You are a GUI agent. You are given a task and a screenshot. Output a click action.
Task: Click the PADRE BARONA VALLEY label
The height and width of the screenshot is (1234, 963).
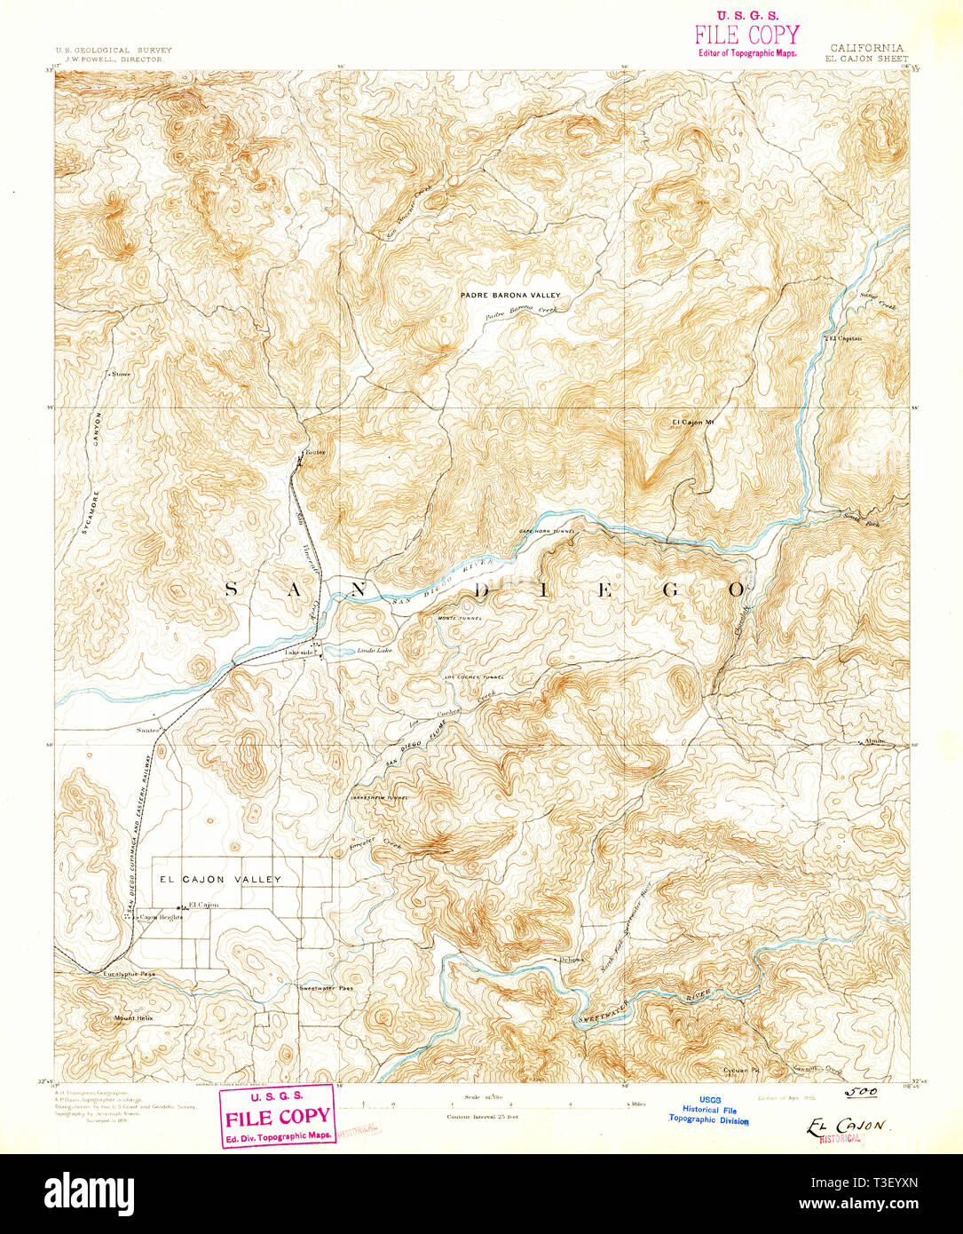(x=510, y=295)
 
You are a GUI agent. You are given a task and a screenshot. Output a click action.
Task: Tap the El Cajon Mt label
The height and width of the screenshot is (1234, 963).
(x=693, y=422)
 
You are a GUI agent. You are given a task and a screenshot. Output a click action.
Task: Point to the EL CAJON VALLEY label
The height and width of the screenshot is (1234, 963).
(x=220, y=879)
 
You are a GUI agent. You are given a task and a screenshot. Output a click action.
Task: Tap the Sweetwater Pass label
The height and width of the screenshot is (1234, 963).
(x=326, y=988)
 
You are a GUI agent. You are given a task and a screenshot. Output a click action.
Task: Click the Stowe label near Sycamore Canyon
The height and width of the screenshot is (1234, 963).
(x=121, y=374)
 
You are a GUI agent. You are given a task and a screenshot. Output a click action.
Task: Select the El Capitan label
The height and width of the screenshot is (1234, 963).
(x=845, y=338)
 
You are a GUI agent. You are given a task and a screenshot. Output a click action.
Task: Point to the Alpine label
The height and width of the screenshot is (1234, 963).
(x=875, y=740)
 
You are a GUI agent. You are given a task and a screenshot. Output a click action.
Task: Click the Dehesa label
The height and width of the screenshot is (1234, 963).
(x=571, y=960)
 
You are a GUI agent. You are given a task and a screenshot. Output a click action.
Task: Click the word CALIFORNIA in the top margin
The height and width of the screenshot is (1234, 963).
(x=866, y=48)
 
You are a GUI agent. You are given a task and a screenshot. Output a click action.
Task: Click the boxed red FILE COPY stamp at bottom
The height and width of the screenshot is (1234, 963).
(x=278, y=1115)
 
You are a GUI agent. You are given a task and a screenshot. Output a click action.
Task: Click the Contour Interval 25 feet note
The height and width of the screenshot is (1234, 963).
(x=482, y=1116)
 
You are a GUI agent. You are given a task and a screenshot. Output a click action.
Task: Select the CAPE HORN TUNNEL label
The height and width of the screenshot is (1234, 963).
(x=548, y=531)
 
